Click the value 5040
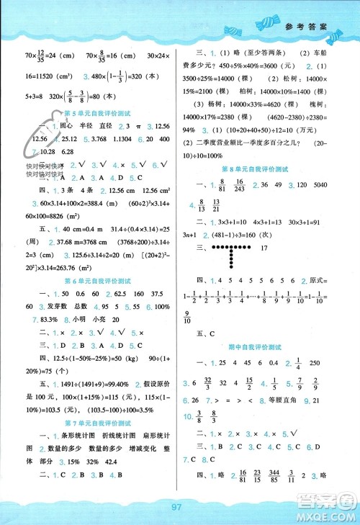[327, 185]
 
